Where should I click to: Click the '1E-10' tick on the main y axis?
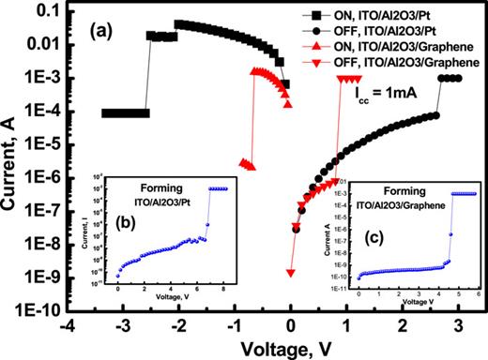coord(36,308)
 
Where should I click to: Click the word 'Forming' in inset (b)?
coord(159,186)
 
